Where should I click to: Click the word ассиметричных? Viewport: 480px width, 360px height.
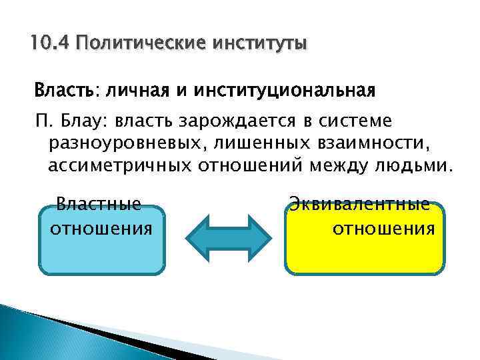[119, 165]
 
